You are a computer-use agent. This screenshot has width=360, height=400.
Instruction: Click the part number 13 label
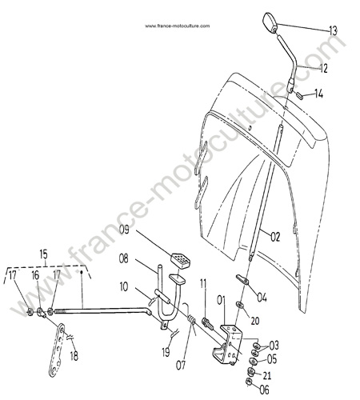[x=333, y=30]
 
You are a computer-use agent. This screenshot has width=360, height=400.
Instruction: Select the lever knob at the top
[x=270, y=22]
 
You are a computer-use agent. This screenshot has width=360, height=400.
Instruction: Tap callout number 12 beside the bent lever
[x=323, y=69]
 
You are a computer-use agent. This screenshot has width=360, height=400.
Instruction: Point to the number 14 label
[x=318, y=94]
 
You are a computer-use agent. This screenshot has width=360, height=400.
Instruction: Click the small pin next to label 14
[x=299, y=95]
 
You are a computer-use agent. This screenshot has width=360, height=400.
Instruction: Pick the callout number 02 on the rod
[x=275, y=237]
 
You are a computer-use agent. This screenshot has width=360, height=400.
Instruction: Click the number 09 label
[x=124, y=230]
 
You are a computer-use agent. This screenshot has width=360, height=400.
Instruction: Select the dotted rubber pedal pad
[x=180, y=260]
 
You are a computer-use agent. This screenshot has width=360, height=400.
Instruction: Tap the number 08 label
[x=123, y=258]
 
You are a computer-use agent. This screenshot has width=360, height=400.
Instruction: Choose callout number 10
[x=124, y=286]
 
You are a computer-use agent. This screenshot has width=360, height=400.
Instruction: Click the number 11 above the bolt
[x=203, y=284]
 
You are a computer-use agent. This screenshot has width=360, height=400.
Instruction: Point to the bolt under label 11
[x=208, y=323]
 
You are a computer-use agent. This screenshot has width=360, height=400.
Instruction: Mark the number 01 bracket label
[x=221, y=300]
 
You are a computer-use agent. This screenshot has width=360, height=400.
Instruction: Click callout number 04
[x=262, y=298]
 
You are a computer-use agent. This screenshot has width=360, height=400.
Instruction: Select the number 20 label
[x=255, y=321]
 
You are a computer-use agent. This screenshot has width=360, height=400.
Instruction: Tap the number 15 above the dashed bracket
[x=43, y=254]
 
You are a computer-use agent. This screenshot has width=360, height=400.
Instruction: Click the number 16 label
[x=35, y=275]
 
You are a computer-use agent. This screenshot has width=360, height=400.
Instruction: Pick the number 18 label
[x=74, y=357]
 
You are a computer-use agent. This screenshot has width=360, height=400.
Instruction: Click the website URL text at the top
[x=178, y=26]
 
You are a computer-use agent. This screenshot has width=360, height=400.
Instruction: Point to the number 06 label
[x=264, y=390]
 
